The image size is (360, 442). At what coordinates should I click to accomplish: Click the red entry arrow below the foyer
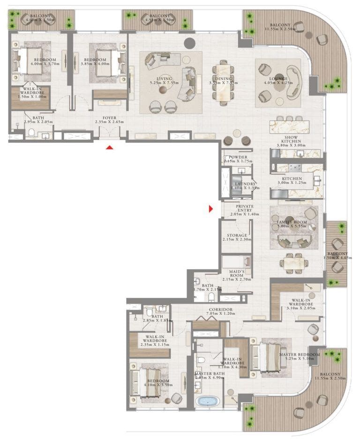point(109,148)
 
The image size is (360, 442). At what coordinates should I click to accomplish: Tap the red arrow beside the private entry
point(211,209)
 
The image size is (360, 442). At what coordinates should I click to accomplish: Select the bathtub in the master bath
point(207,402)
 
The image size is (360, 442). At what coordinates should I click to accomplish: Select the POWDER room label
point(238,157)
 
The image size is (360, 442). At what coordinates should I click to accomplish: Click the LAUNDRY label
point(245,183)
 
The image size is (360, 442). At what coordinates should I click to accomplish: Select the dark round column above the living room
point(189,43)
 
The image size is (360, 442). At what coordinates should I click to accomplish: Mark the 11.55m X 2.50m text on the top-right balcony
point(280,29)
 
